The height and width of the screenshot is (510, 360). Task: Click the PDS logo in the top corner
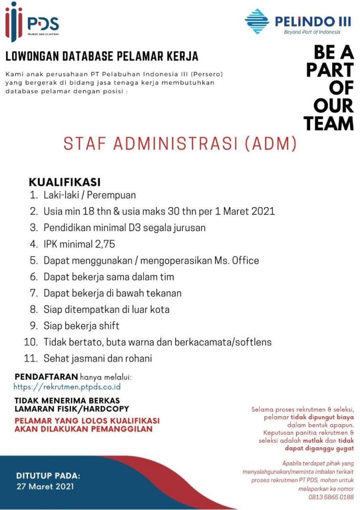point(32,22)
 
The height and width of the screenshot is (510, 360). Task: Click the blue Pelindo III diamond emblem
point(257,20)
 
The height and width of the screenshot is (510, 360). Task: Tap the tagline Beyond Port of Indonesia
point(312,32)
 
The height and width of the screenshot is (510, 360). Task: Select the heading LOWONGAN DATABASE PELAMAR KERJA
point(102,55)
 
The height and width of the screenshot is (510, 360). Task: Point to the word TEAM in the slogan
point(329,123)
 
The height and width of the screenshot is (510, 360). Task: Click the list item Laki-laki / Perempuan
point(89,195)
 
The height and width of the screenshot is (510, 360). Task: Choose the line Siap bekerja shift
point(81,326)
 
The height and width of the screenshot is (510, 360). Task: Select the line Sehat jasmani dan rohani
point(97,358)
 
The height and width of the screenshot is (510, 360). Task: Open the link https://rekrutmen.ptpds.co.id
point(67,386)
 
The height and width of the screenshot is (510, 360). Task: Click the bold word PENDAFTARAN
point(46,376)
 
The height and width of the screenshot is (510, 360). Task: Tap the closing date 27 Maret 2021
point(45,486)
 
